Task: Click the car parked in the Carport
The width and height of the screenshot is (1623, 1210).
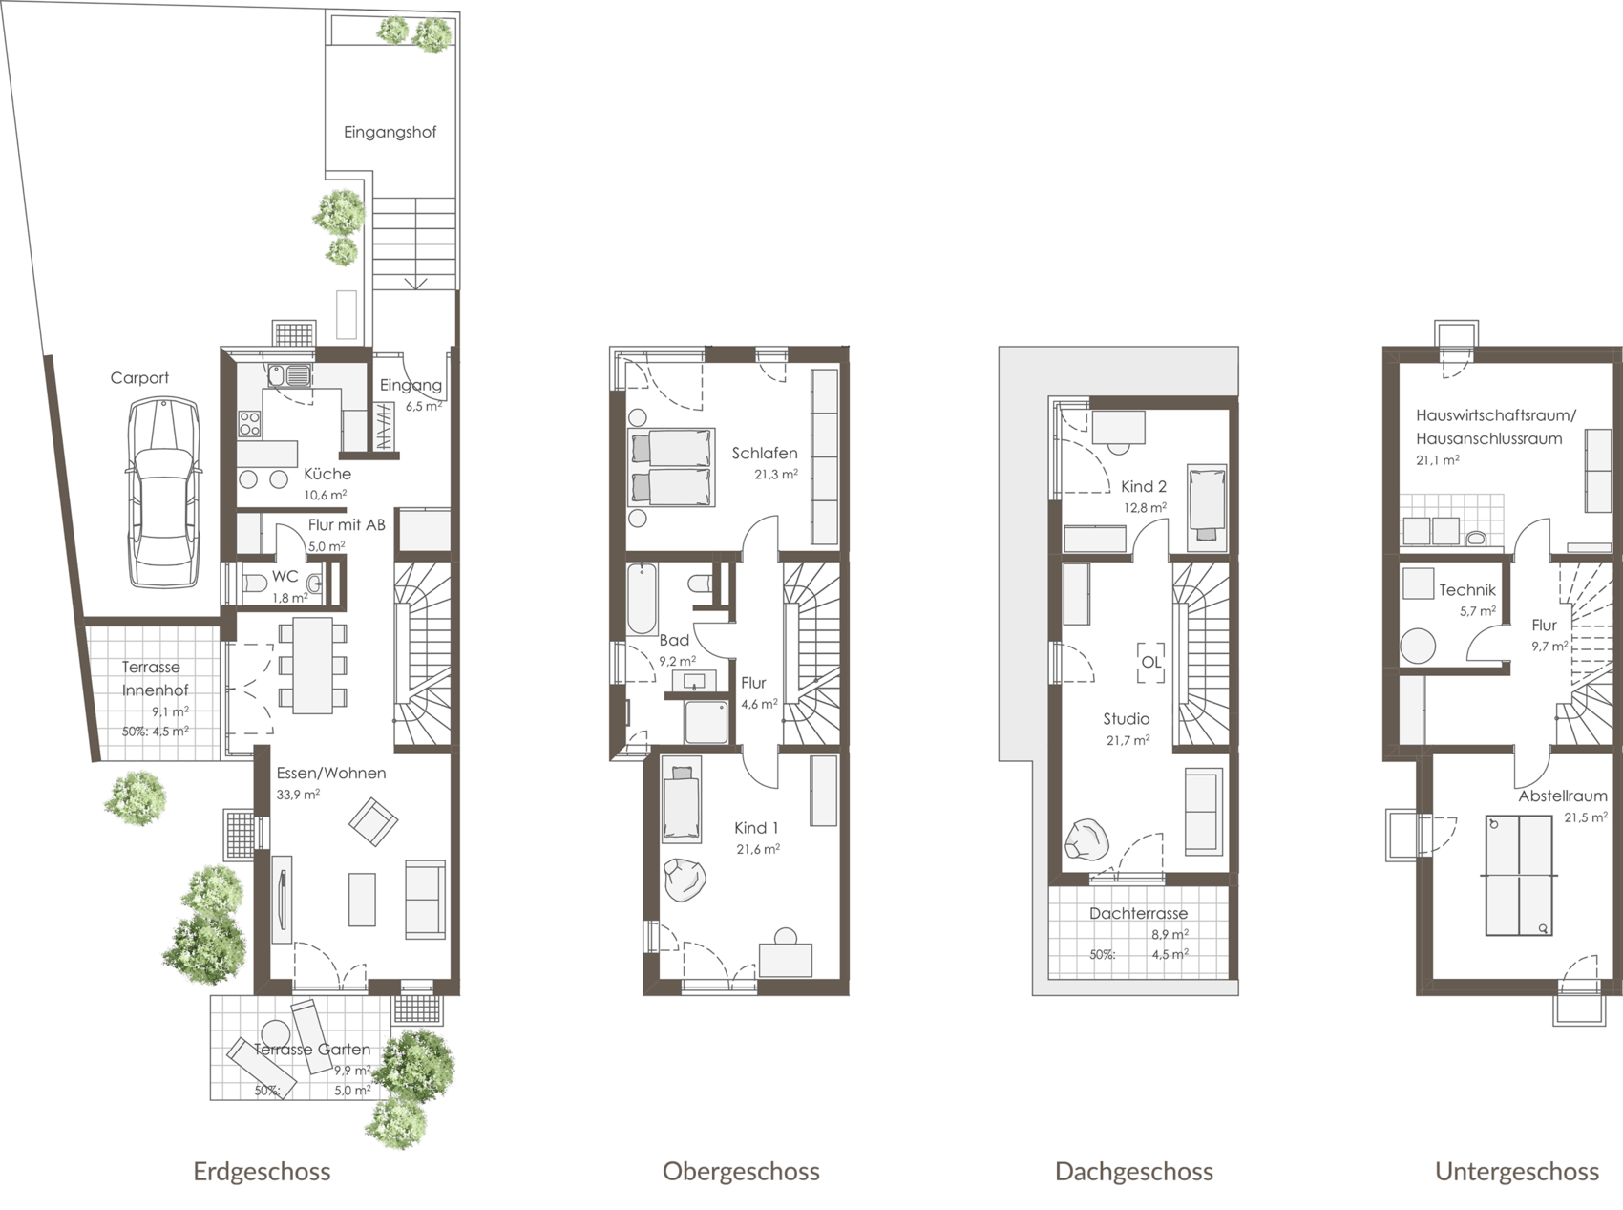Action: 163,493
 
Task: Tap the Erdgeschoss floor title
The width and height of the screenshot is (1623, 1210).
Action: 262,1172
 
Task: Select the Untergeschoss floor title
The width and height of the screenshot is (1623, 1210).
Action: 1517,1172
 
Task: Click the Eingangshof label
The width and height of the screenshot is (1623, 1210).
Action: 390,133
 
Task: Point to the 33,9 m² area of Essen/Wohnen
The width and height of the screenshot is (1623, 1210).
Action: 298,795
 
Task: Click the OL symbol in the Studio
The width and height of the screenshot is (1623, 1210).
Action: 1151,662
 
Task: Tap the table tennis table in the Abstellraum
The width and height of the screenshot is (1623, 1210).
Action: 1518,876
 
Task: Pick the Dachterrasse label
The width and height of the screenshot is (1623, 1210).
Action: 1138,914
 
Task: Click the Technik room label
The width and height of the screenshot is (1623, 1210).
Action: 1467,591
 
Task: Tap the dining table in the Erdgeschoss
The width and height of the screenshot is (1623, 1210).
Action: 312,666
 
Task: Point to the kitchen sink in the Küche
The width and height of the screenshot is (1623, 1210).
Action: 289,375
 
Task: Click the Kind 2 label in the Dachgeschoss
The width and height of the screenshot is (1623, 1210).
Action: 1144,487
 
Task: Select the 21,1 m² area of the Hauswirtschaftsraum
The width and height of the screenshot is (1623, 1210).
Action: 1437,460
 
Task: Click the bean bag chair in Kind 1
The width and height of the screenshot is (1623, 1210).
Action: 685,880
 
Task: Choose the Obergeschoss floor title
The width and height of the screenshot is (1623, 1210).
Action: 741,1172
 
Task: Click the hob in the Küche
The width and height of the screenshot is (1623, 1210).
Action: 250,423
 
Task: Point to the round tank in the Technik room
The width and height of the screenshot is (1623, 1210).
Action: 1418,646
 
